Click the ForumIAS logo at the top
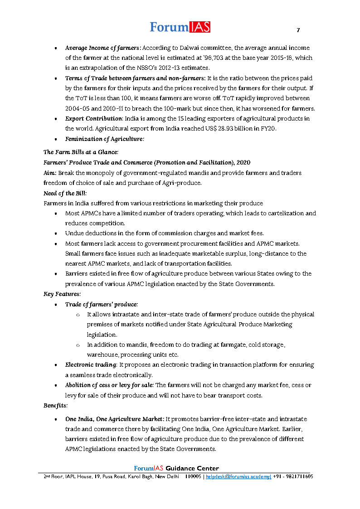[180, 27]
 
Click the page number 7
[298, 30]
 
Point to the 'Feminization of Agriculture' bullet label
[104, 139]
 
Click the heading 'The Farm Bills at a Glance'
[81, 152]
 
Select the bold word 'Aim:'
[50, 173]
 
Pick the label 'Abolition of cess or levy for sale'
[109, 385]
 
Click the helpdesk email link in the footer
[238, 477]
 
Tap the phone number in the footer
[293, 477]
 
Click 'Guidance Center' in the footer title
[192, 468]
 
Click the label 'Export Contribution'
[93, 119]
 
